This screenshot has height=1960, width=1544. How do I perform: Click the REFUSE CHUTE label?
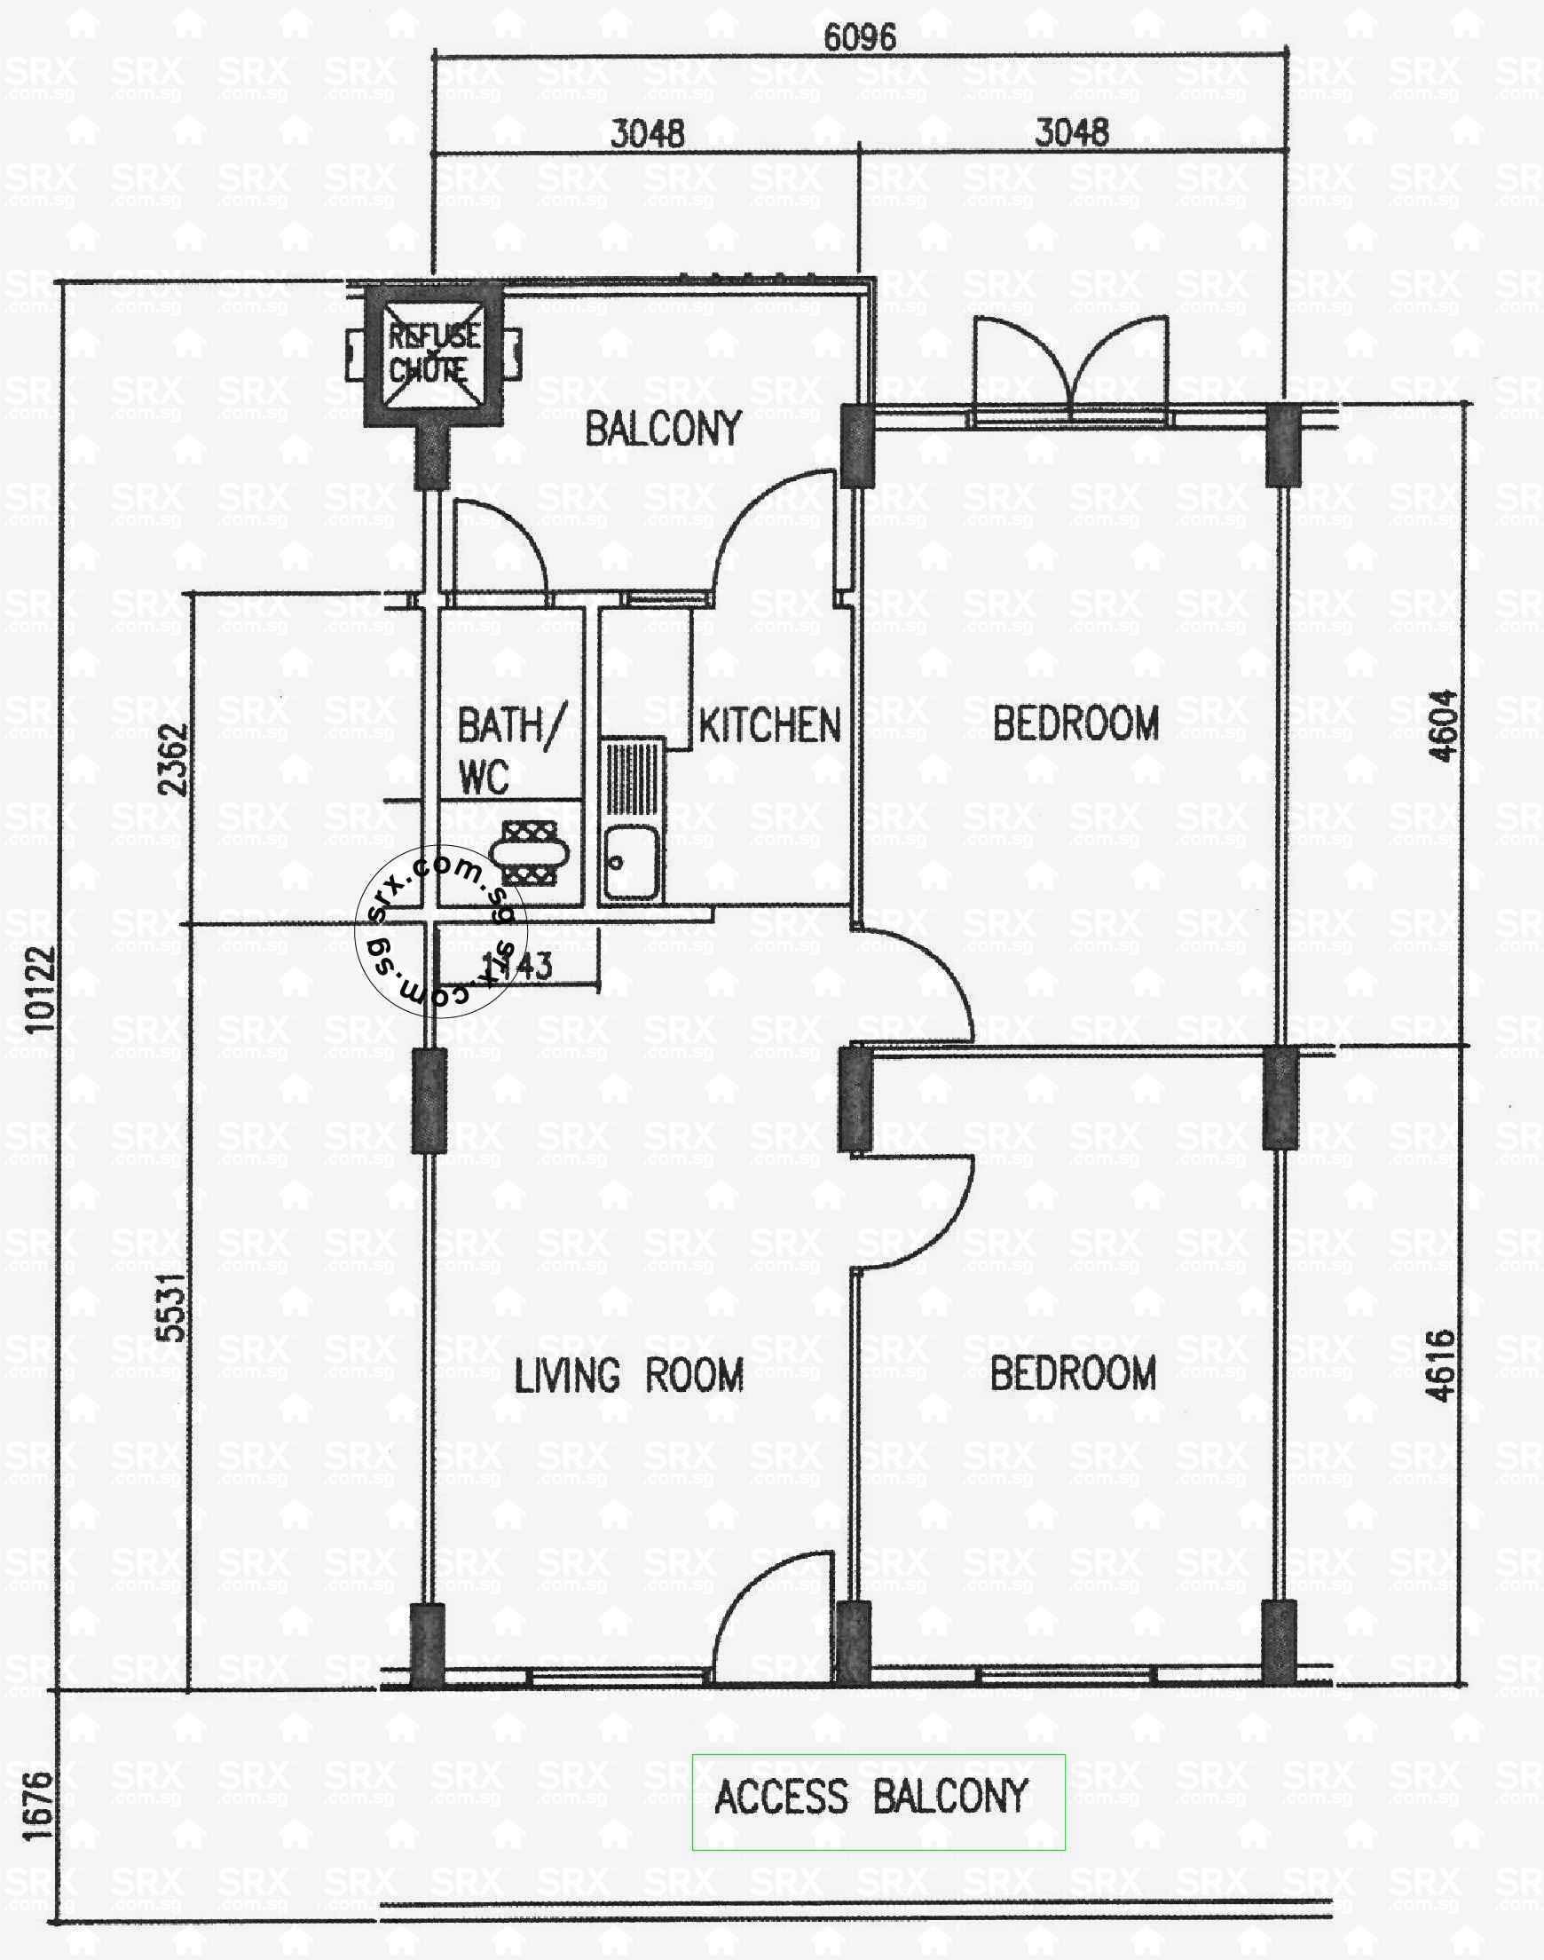click(433, 353)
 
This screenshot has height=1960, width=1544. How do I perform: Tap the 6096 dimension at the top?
click(860, 37)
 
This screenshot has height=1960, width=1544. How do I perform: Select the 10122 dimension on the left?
click(41, 988)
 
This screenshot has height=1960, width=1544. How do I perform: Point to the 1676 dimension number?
click(38, 1806)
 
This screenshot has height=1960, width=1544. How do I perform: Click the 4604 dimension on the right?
click(1443, 726)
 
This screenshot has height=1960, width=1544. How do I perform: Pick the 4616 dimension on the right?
click(1443, 1365)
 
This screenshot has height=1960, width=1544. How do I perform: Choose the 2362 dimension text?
click(174, 758)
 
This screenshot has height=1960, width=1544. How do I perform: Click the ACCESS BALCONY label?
click(871, 1797)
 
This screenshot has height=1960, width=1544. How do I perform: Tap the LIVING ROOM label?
click(629, 1375)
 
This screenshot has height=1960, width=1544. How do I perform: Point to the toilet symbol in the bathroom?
click(531, 851)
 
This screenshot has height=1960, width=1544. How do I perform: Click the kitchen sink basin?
click(630, 863)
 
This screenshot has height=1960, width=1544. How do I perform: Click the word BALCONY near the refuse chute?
click(664, 429)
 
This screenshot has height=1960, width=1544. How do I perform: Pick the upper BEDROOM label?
click(1075, 723)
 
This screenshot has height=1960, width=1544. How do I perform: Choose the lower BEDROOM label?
click(1073, 1373)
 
